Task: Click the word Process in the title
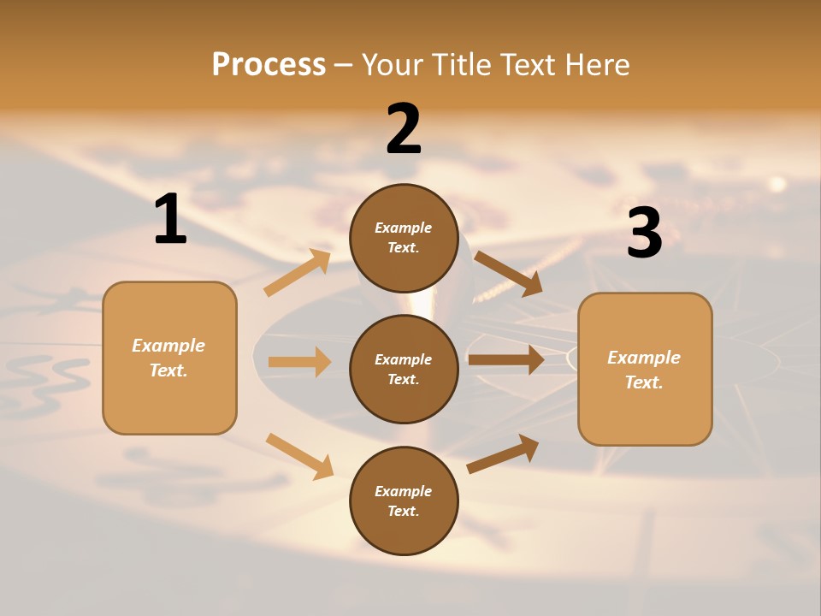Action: [x=269, y=64]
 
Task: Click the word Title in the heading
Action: [x=462, y=64]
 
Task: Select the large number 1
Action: [x=170, y=220]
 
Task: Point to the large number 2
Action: [x=404, y=130]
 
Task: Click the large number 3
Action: [x=644, y=234]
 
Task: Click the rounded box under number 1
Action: [x=169, y=358]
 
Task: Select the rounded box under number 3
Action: [x=645, y=370]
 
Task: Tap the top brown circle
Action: [x=404, y=238]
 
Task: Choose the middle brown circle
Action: [x=404, y=369]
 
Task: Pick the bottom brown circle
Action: [x=404, y=500]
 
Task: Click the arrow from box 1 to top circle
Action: [x=297, y=273]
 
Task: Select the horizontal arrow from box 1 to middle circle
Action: [x=299, y=362]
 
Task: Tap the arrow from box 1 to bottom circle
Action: [x=299, y=456]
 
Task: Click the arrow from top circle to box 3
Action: [x=508, y=274]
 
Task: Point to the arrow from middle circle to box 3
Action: [x=505, y=359]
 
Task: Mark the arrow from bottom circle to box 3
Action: [x=503, y=454]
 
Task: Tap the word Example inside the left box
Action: [x=168, y=346]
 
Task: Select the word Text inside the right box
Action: [x=644, y=382]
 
